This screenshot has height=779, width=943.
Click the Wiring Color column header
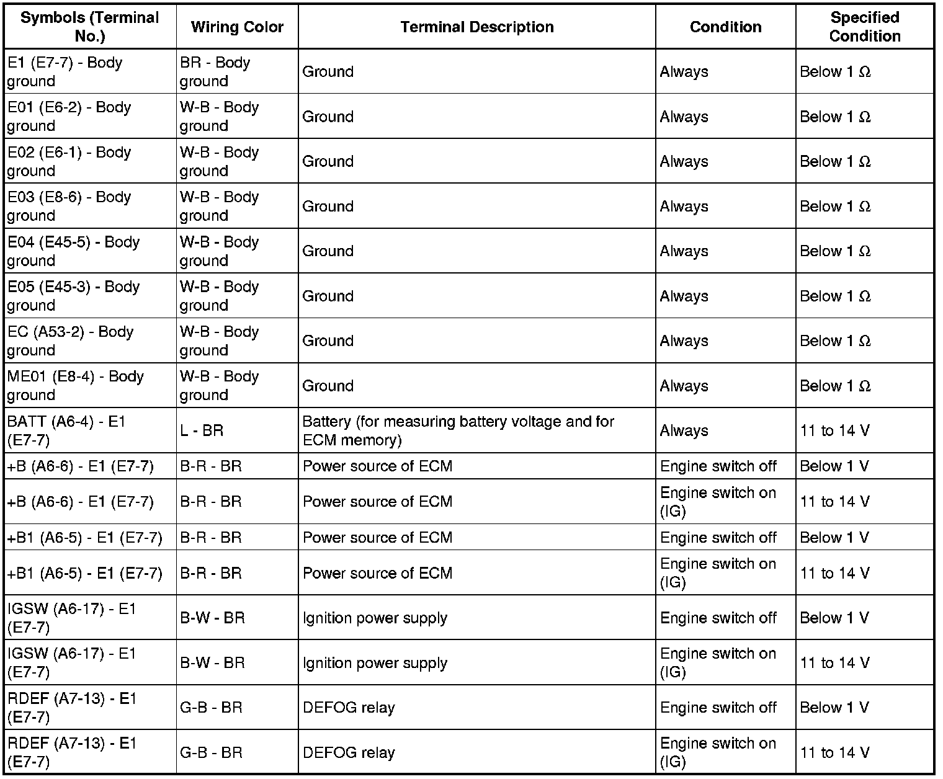(x=237, y=27)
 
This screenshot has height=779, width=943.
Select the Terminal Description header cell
(x=476, y=27)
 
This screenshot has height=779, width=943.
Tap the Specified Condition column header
(x=864, y=27)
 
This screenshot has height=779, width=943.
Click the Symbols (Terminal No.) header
(x=90, y=27)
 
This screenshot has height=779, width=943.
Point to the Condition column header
(x=725, y=27)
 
